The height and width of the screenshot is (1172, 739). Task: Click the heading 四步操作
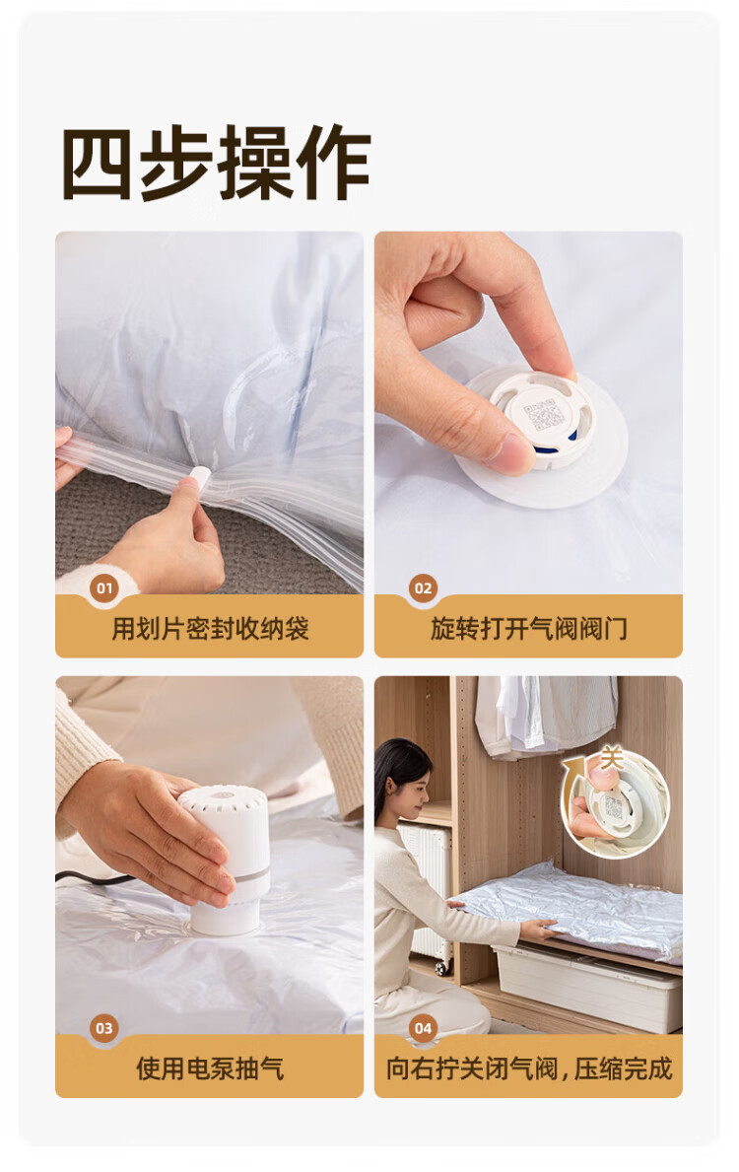[x=216, y=163]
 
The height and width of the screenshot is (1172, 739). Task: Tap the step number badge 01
[x=104, y=588]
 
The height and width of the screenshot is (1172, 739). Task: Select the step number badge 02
[x=423, y=588]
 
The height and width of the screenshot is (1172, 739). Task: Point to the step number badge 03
[x=104, y=1028]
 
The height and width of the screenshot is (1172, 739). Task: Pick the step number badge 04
[x=423, y=1028]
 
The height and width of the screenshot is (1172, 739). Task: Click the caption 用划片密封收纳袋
[x=210, y=629]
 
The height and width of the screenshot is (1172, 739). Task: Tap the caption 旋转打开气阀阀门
[x=528, y=629]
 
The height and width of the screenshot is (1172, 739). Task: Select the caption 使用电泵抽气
[x=210, y=1069]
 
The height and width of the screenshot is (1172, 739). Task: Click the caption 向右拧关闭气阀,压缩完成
[x=529, y=1069]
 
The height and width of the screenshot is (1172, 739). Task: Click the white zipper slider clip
[x=200, y=475]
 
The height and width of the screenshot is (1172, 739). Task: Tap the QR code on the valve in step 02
[x=544, y=416]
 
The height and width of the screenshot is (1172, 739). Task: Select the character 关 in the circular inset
[x=611, y=759]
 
